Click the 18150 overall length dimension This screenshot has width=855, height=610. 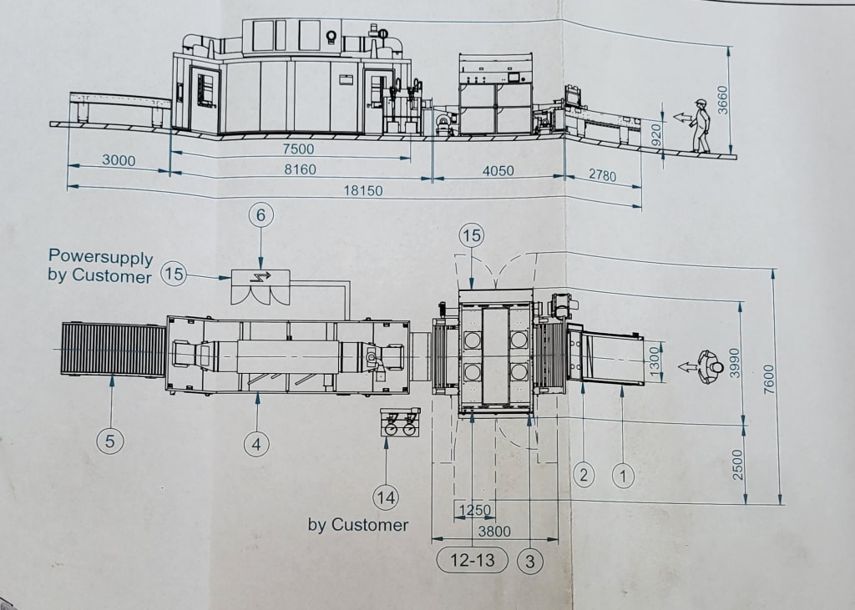click(x=362, y=191)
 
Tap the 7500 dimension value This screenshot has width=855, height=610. click(x=298, y=149)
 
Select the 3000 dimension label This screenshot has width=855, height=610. click(x=119, y=160)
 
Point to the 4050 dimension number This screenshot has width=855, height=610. click(x=498, y=170)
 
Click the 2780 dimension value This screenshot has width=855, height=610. click(x=602, y=175)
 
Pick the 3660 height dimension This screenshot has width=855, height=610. click(x=722, y=100)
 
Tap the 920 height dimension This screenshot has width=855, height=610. click(x=656, y=134)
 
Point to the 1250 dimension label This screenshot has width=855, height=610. click(x=475, y=510)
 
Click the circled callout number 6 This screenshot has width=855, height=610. click(x=261, y=215)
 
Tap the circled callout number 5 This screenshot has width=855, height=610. click(x=110, y=441)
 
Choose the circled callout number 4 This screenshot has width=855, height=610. click(x=256, y=444)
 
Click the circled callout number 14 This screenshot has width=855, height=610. click(x=386, y=497)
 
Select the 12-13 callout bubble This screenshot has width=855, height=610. click(x=473, y=560)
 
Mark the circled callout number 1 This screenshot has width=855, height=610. click(x=623, y=476)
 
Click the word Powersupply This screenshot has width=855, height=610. click(x=101, y=256)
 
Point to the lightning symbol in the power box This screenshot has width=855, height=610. click(x=261, y=276)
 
